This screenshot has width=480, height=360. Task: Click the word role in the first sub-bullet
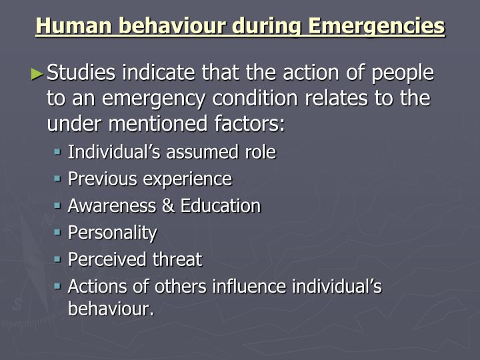259,152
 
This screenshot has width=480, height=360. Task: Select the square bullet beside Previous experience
58,179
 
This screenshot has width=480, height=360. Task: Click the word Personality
113,233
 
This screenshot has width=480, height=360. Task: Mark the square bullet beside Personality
58,233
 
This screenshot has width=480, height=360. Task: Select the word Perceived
107,259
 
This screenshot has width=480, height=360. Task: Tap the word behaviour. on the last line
111,309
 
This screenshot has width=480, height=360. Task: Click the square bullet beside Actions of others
58,286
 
